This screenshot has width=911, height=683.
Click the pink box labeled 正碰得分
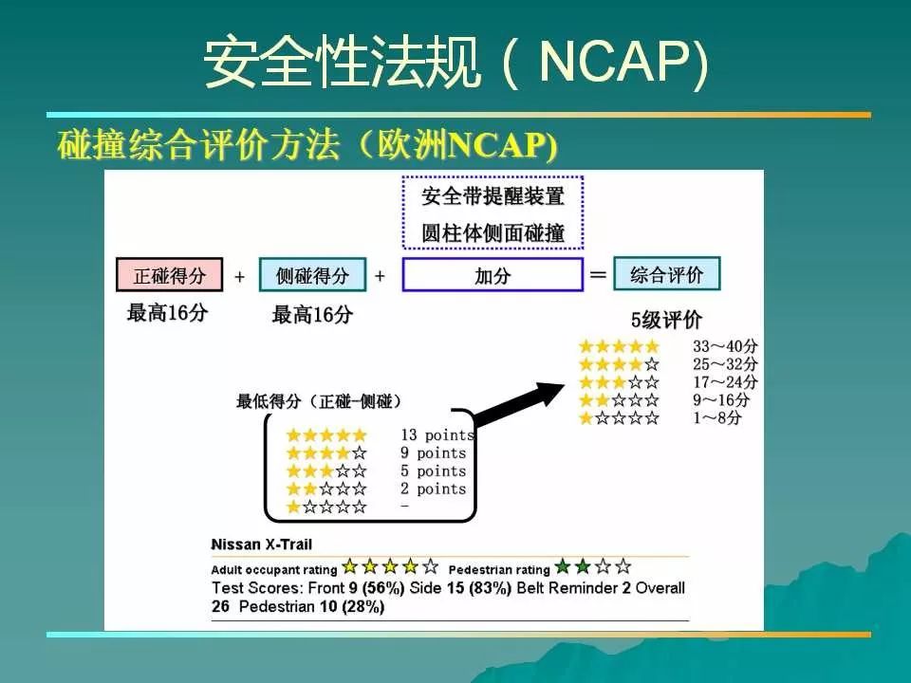[170, 275]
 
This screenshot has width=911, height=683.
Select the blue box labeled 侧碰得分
[312, 275]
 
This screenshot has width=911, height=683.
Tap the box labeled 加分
[493, 275]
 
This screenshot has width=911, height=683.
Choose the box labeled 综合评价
[666, 273]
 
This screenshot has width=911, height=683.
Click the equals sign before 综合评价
[598, 274]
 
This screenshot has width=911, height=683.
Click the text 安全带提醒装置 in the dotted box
[493, 196]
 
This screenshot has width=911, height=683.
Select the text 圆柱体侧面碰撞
[493, 233]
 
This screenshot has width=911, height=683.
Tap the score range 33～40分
[725, 346]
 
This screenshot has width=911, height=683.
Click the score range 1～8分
[717, 417]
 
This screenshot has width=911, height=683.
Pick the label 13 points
[437, 435]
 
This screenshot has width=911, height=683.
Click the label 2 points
[434, 489]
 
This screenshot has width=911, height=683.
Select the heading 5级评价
[666, 320]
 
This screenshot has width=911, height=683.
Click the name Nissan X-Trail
[262, 545]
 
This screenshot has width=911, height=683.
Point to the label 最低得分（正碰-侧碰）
[319, 400]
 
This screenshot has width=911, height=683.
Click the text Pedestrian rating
[499, 570]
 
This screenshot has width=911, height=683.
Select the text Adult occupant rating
[274, 570]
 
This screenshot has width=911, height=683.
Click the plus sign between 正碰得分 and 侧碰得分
[239, 276]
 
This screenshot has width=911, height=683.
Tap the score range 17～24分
[725, 382]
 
